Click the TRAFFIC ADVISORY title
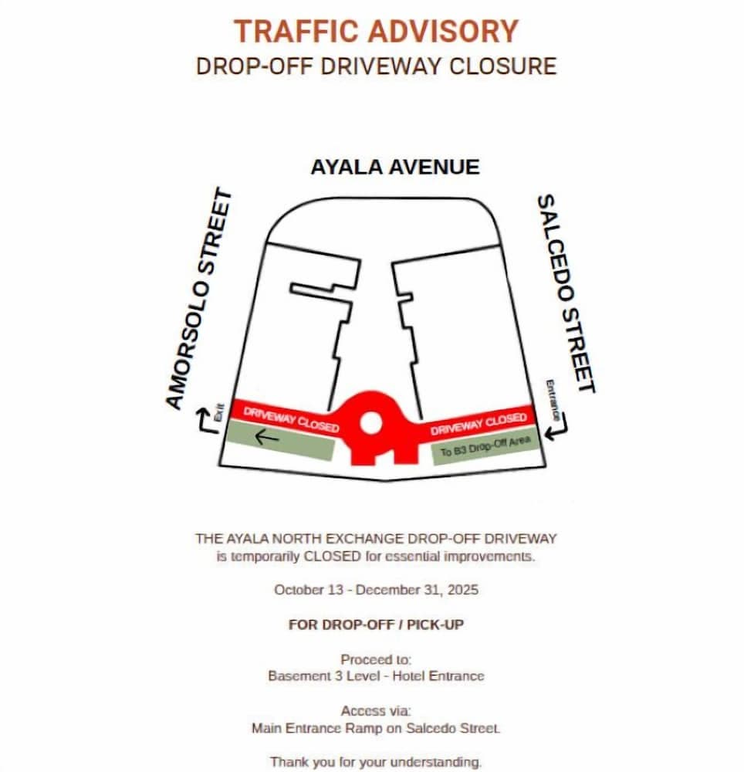(x=376, y=32)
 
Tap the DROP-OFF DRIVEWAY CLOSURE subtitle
(x=376, y=66)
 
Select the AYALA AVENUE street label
(x=394, y=167)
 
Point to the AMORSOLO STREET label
(x=199, y=300)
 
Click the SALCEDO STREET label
(x=566, y=293)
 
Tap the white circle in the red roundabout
(x=370, y=423)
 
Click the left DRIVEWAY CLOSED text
(x=291, y=418)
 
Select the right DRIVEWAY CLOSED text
(x=479, y=422)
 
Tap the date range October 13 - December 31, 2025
(x=376, y=590)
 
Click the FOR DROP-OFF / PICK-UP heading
(x=376, y=625)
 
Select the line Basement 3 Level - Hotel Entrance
(x=376, y=675)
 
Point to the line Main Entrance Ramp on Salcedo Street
(x=376, y=727)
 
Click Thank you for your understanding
(x=376, y=762)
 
